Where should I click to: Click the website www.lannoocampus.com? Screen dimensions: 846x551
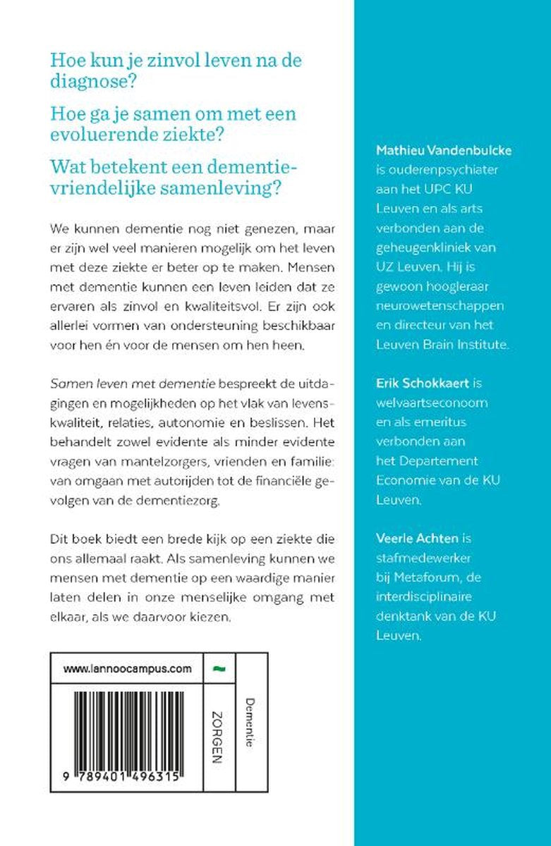[x=128, y=669]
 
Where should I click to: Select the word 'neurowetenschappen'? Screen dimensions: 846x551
[x=435, y=306]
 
